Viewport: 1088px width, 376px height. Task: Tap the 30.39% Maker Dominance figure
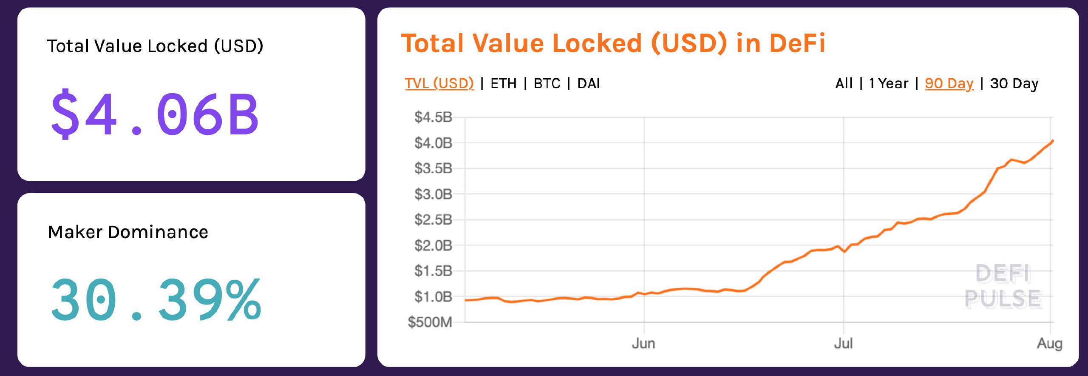point(156,300)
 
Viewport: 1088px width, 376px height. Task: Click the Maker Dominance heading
point(128,232)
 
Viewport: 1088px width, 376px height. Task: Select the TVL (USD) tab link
point(439,83)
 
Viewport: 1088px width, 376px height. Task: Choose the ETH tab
point(503,83)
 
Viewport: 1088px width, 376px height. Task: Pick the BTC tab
point(547,83)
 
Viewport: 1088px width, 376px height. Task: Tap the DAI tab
point(588,83)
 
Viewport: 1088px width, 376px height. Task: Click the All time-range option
point(844,83)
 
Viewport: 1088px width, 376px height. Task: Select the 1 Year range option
point(889,83)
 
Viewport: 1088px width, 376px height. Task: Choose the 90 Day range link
point(949,83)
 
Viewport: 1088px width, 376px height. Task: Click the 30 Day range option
point(1014,83)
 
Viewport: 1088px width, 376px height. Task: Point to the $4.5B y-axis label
point(433,117)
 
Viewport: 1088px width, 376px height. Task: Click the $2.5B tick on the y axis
point(433,220)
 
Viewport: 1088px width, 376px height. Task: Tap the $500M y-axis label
point(430,322)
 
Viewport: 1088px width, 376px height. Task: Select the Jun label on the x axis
point(643,344)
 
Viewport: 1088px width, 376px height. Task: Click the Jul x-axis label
point(843,344)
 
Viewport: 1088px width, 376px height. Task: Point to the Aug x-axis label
point(1049,344)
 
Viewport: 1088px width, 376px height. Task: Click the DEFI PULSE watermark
point(1003,286)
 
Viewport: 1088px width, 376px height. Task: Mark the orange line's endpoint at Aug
point(1052,141)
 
